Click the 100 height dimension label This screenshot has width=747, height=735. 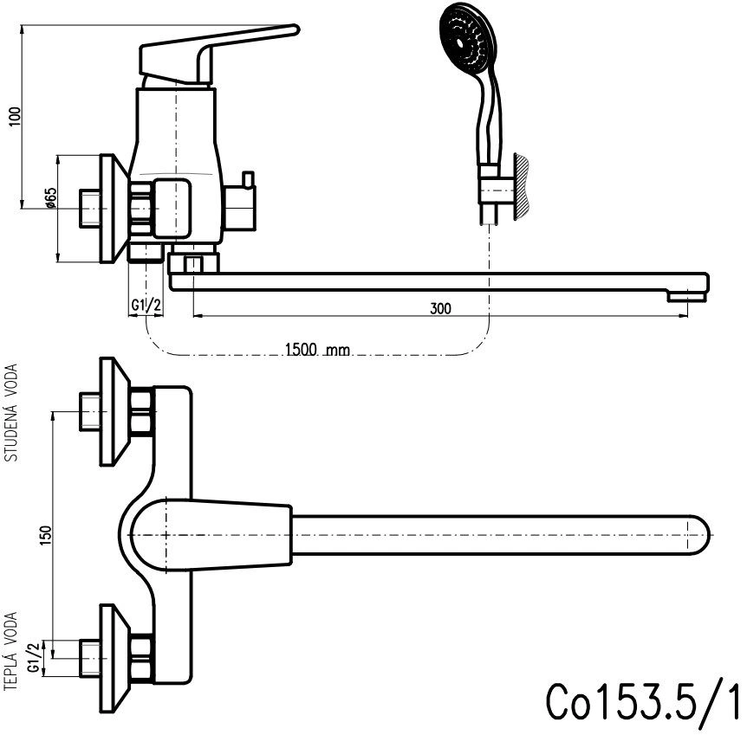pyautogui.click(x=11, y=116)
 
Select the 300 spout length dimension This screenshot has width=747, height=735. pyautogui.click(x=440, y=307)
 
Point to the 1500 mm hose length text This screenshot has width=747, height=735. pyautogui.click(x=316, y=350)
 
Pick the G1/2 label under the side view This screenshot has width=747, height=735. pyautogui.click(x=145, y=306)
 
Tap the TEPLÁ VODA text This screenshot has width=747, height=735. pyautogui.click(x=12, y=650)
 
